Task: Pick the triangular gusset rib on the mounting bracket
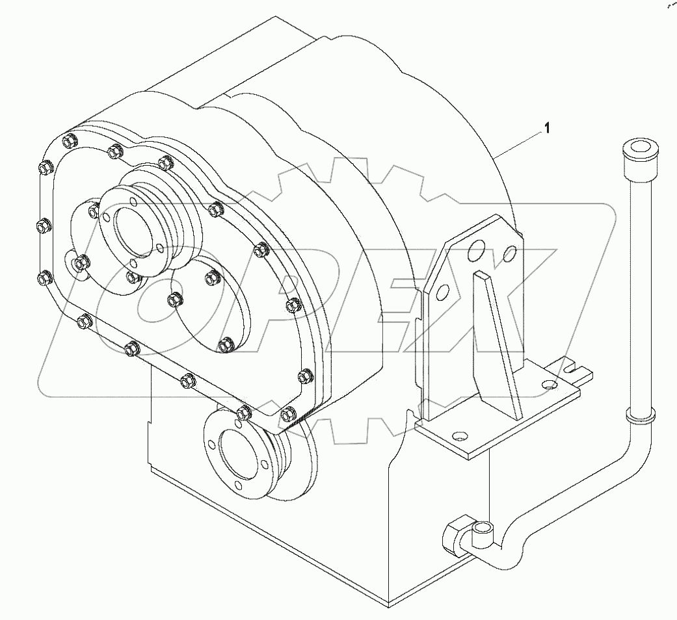(x=501, y=344)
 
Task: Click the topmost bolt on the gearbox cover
(x=69, y=141)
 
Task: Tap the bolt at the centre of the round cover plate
(x=173, y=300)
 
